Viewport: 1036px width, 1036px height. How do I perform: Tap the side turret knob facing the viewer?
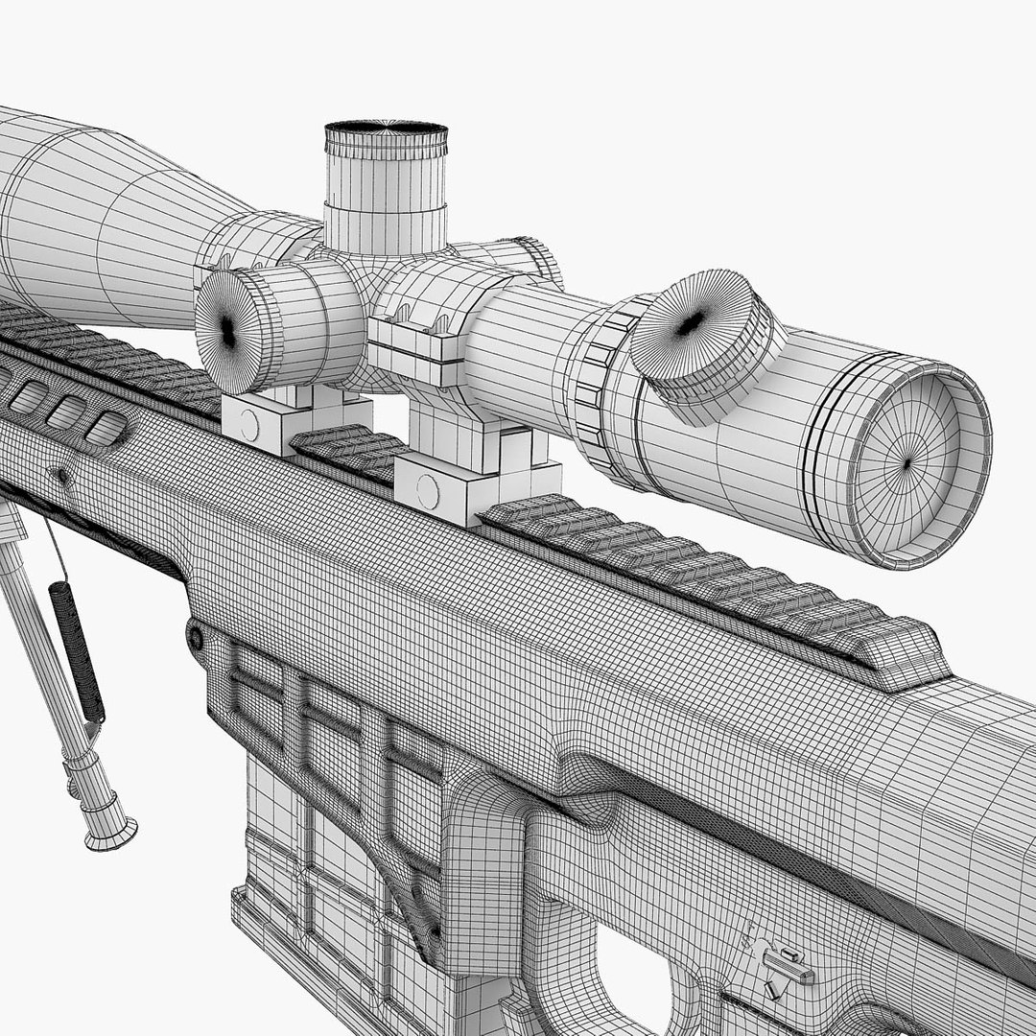[x=228, y=329]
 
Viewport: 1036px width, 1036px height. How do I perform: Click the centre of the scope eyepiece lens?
[x=906, y=464]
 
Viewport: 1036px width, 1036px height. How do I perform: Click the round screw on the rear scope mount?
[x=427, y=491]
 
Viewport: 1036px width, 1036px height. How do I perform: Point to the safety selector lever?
[x=782, y=964]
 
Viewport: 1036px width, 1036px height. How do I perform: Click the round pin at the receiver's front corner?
[x=196, y=636]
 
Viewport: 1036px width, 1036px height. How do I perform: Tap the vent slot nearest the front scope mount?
[x=107, y=428]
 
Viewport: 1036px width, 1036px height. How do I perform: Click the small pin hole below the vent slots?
[x=63, y=475]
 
